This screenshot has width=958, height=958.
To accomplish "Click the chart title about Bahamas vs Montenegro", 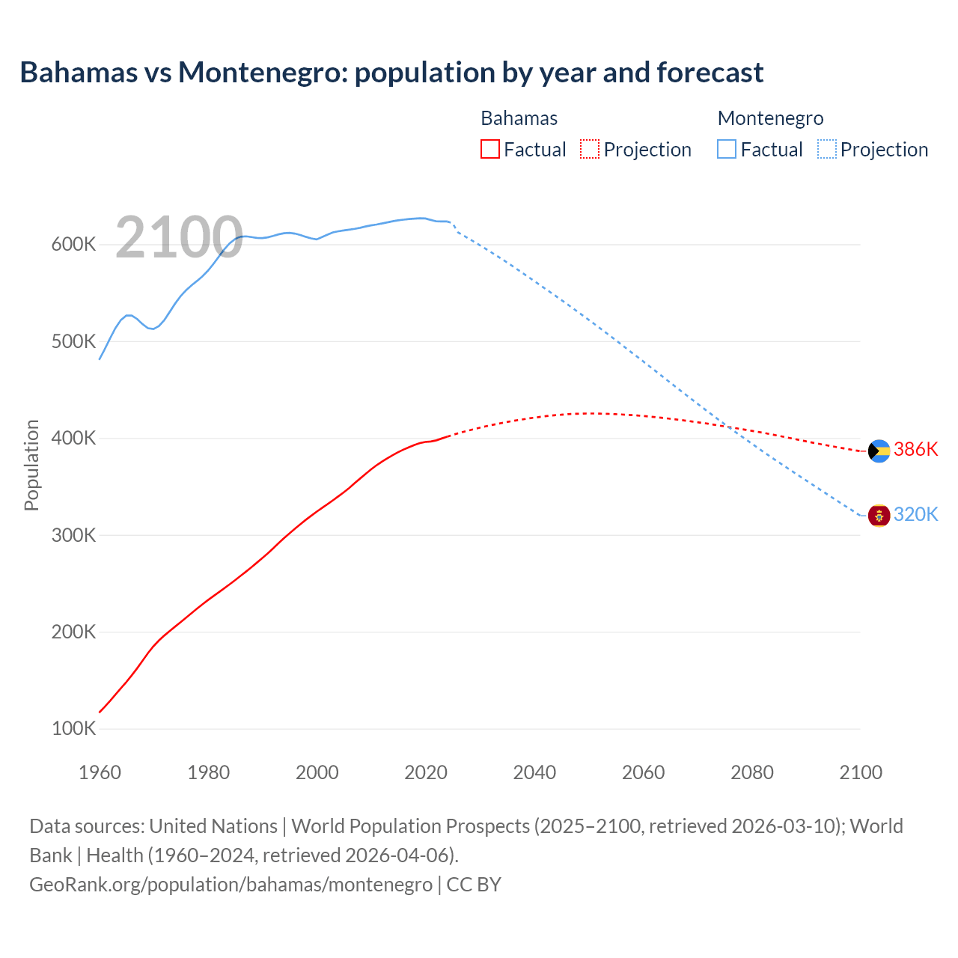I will click(391, 73).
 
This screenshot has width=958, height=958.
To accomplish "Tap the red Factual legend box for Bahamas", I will click(489, 150).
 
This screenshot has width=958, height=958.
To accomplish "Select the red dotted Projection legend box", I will click(589, 150).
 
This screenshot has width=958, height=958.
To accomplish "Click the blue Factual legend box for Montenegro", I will click(726, 150).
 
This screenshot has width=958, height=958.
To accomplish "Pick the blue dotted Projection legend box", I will click(826, 150).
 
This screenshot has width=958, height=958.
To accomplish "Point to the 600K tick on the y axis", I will click(73, 245).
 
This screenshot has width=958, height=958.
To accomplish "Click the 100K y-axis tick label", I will click(73, 728).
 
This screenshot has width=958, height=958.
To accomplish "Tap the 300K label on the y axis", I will click(73, 535).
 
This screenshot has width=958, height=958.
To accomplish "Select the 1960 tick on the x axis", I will click(100, 772).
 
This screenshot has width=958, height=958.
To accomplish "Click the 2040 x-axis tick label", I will click(534, 772).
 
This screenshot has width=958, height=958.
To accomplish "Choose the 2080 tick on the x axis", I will click(751, 772).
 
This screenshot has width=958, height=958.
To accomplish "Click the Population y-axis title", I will click(31, 465).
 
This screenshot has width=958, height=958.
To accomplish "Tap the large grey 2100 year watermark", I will click(179, 238).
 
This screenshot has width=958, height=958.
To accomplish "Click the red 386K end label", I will click(915, 449).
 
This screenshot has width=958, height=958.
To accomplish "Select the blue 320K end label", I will click(915, 514).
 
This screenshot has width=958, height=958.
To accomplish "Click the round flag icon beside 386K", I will click(879, 451).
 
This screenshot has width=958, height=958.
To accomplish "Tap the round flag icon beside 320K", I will click(879, 516).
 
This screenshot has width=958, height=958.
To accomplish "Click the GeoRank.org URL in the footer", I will click(231, 884).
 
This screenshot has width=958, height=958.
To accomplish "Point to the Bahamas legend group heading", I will click(519, 118).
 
